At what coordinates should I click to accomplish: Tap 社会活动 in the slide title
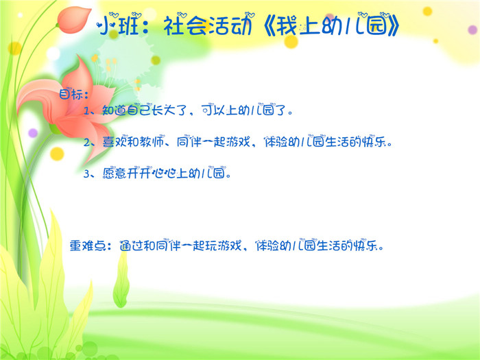pos(208,25)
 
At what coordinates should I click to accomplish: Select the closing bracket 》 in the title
pos(393,25)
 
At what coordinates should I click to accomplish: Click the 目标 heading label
pos(71,94)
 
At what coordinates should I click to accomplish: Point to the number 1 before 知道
pos(86,110)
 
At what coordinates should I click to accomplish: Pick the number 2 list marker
pos(86,143)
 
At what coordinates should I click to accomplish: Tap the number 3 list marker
pos(86,174)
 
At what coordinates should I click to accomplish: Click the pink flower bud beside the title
pos(73,20)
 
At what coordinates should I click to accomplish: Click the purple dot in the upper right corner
pos(472,30)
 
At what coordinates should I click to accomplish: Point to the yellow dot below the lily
pos(57,154)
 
